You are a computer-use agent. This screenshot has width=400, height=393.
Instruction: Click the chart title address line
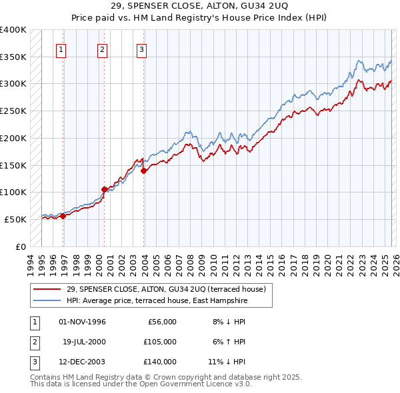click(x=200, y=7)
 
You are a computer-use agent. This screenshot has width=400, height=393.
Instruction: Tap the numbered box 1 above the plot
click(x=61, y=49)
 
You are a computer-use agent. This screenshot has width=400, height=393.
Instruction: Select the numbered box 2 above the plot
click(x=102, y=49)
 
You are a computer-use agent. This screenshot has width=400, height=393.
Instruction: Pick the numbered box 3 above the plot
click(x=142, y=49)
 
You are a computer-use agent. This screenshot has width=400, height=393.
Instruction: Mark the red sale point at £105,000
click(x=104, y=189)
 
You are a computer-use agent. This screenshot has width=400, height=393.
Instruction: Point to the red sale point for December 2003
click(x=143, y=171)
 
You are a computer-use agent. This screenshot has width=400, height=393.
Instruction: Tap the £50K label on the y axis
click(x=16, y=219)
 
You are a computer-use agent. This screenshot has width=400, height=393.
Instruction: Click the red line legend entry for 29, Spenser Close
click(x=166, y=289)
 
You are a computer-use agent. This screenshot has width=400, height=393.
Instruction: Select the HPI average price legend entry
click(x=157, y=301)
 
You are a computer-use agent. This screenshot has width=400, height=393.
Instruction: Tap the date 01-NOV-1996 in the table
click(x=83, y=322)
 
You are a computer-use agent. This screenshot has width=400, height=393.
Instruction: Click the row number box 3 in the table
click(x=33, y=362)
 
